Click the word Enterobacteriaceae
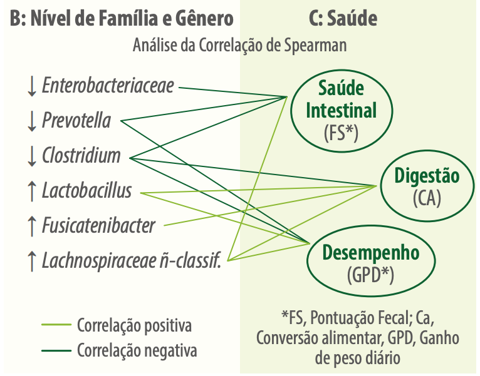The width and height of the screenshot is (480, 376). (108, 85)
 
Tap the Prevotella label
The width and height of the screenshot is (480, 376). (76, 120)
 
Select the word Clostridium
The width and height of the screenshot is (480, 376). (81, 155)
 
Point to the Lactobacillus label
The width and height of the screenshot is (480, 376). (87, 190)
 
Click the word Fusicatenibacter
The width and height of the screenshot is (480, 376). (98, 226)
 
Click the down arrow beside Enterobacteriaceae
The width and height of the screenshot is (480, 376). (32, 86)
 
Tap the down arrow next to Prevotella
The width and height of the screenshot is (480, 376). (32, 121)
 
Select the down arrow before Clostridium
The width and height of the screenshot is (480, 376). (32, 156)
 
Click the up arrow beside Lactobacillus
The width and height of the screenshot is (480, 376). (32, 191)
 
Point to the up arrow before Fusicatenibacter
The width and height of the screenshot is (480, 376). (32, 226)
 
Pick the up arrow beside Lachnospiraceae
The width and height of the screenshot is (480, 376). (32, 262)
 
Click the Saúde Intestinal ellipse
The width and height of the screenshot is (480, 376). (291, 111)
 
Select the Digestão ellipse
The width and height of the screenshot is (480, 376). (382, 186)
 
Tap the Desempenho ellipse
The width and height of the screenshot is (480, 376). (307, 261)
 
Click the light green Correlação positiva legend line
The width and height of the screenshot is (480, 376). (56, 325)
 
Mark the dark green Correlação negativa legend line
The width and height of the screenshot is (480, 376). (56, 350)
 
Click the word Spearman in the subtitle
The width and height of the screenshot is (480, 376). (315, 46)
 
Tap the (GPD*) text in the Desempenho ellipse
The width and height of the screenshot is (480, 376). (370, 275)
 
